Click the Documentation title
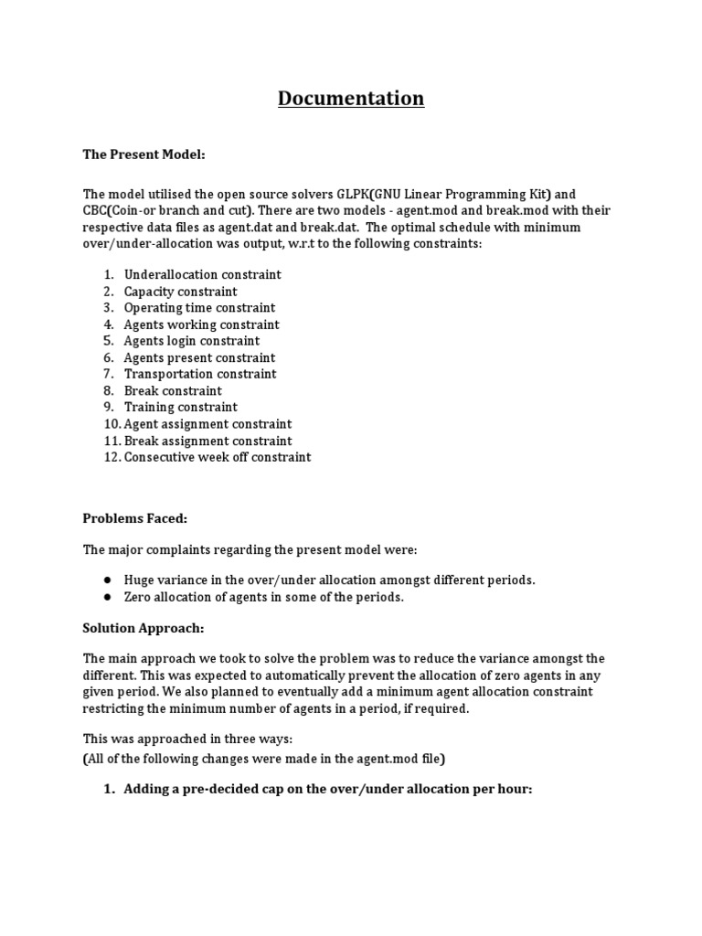[x=351, y=98]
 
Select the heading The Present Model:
[x=144, y=155]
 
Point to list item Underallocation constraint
[x=202, y=274]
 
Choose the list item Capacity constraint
[x=180, y=292]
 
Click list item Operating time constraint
[x=199, y=308]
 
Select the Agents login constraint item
[x=192, y=341]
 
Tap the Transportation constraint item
[x=200, y=374]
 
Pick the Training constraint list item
[x=180, y=407]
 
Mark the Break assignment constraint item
[x=207, y=441]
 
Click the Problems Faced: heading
[x=134, y=518]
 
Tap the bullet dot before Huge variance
[x=107, y=580]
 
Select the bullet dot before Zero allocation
[x=107, y=597]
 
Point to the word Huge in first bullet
[x=140, y=580]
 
